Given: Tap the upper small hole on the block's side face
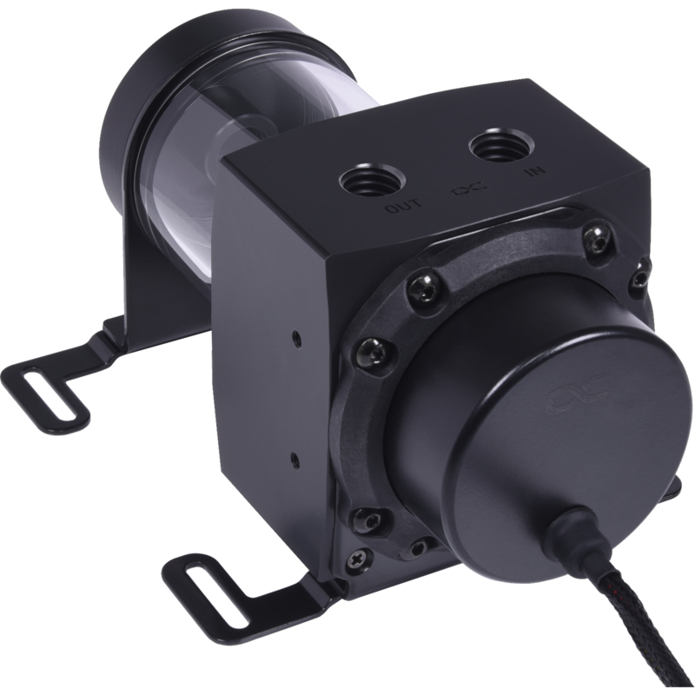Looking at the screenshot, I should (x=298, y=335).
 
